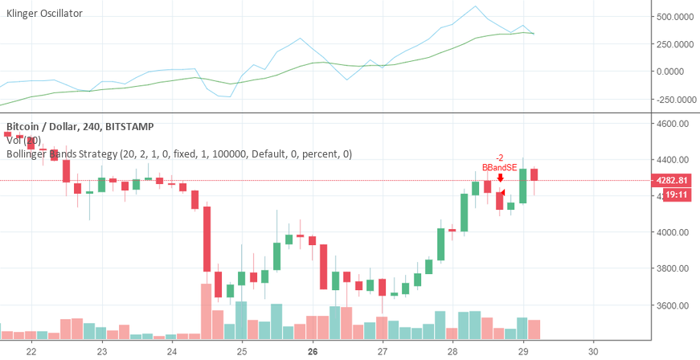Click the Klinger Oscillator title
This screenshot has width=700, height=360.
44,14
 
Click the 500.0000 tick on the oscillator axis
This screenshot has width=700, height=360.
674,16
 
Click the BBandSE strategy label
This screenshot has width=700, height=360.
498,167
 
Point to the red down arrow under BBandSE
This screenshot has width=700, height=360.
500,178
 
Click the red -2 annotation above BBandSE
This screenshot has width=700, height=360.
499,157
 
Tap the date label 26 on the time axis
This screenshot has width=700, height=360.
313,351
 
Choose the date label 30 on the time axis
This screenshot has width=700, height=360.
593,351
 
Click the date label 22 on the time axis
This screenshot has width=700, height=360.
32,351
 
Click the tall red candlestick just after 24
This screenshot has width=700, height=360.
207,239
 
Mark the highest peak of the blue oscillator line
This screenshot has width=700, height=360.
476,6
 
